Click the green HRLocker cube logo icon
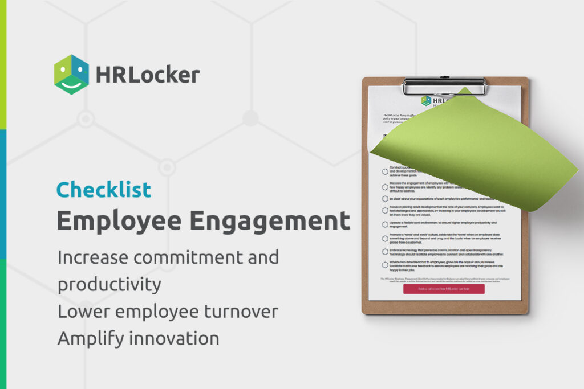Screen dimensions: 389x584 (71, 75)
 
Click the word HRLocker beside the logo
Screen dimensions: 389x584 (148, 75)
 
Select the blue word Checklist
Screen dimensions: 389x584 (104, 190)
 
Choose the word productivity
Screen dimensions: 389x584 (109, 284)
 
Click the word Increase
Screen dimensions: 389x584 (91, 257)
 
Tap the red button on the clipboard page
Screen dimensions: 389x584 (444, 289)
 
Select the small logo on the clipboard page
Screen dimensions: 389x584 (426, 100)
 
